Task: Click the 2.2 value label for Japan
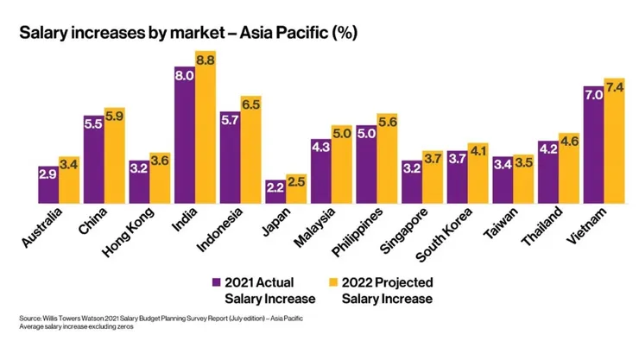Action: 275,186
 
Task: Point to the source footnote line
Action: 161,319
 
